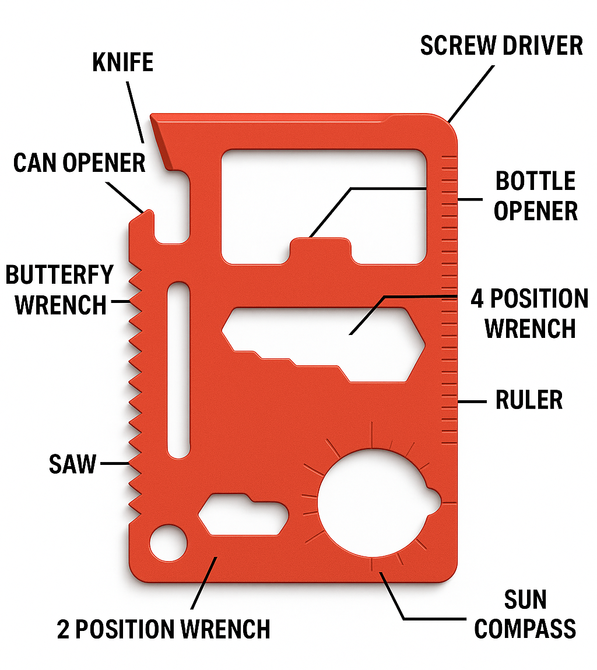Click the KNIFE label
pyautogui.click(x=123, y=62)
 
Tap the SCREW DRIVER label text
pyautogui.click(x=501, y=46)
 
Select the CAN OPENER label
pyautogui.click(x=79, y=163)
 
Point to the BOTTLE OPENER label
pyautogui.click(x=535, y=196)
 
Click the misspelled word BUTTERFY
pyautogui.click(x=59, y=274)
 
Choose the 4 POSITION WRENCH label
pyautogui.click(x=529, y=313)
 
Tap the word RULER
pyautogui.click(x=529, y=400)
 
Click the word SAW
pyautogui.click(x=72, y=464)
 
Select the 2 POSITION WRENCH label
pyautogui.click(x=164, y=630)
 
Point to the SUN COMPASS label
pyautogui.click(x=525, y=615)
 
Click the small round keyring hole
pyautogui.click(x=168, y=544)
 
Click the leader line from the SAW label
pyautogui.click(x=114, y=464)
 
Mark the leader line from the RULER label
pyautogui.click(x=473, y=401)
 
